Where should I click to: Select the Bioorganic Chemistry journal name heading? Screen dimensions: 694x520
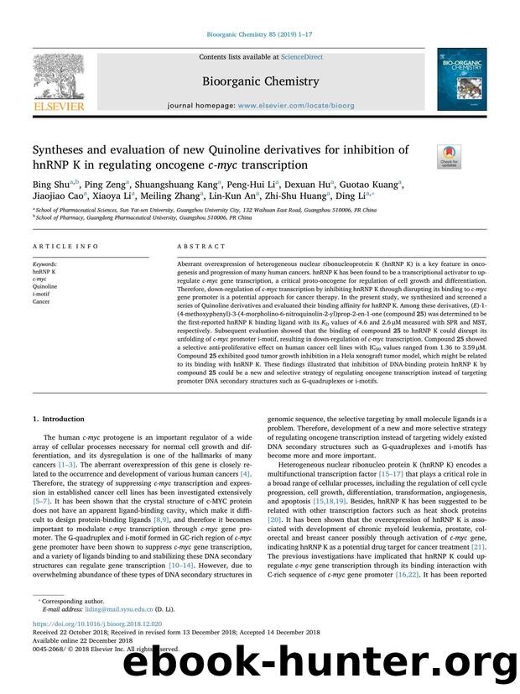(260, 81)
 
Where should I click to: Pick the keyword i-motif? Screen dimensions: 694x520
(43, 292)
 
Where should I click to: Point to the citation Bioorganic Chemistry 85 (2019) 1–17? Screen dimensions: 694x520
(260, 36)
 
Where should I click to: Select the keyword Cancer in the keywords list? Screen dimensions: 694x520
(42, 300)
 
